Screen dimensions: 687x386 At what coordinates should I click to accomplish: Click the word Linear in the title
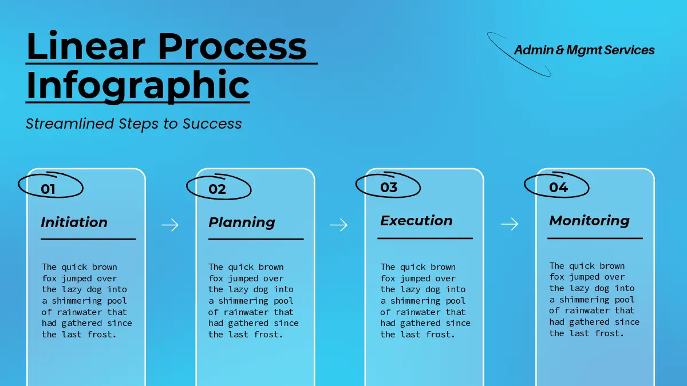tap(86, 46)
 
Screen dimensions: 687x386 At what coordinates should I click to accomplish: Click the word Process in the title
tap(232, 46)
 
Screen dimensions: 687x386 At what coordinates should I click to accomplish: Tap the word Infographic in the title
tap(138, 85)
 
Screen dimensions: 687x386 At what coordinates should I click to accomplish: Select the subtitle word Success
tap(212, 124)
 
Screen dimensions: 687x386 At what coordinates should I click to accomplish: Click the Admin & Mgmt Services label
tap(585, 50)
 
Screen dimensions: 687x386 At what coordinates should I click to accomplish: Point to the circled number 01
tap(48, 189)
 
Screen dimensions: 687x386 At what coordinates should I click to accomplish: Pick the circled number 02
tap(217, 189)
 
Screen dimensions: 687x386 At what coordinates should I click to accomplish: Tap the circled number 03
tap(389, 187)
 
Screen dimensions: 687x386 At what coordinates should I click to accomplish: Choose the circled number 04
tap(559, 187)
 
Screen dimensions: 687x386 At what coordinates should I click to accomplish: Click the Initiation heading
tap(74, 222)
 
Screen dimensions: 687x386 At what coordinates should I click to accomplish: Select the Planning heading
tap(242, 222)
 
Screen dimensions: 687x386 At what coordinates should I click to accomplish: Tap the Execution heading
tap(416, 221)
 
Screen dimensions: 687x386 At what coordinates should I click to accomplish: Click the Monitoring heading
tap(589, 221)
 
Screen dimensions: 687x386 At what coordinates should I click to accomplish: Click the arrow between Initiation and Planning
tap(170, 225)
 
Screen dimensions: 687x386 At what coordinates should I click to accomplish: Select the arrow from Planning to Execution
tap(339, 225)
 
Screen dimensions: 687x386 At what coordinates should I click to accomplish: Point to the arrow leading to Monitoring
tap(510, 224)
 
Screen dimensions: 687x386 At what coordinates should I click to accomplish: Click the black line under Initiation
tap(88, 239)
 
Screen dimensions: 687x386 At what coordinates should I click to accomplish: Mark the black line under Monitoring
tap(595, 238)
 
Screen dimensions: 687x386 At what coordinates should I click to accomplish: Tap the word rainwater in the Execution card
tap(418, 312)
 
